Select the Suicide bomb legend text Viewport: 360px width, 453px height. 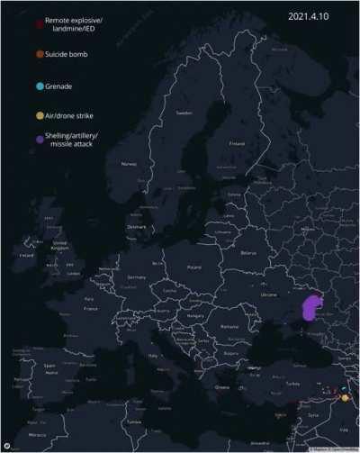tap(68, 55)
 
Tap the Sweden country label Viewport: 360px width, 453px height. tap(184, 114)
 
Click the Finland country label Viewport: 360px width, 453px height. tap(237, 142)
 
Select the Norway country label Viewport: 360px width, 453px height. tap(129, 163)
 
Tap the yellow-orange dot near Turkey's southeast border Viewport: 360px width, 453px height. tap(343, 397)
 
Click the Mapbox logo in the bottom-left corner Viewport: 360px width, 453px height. tap(7, 444)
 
